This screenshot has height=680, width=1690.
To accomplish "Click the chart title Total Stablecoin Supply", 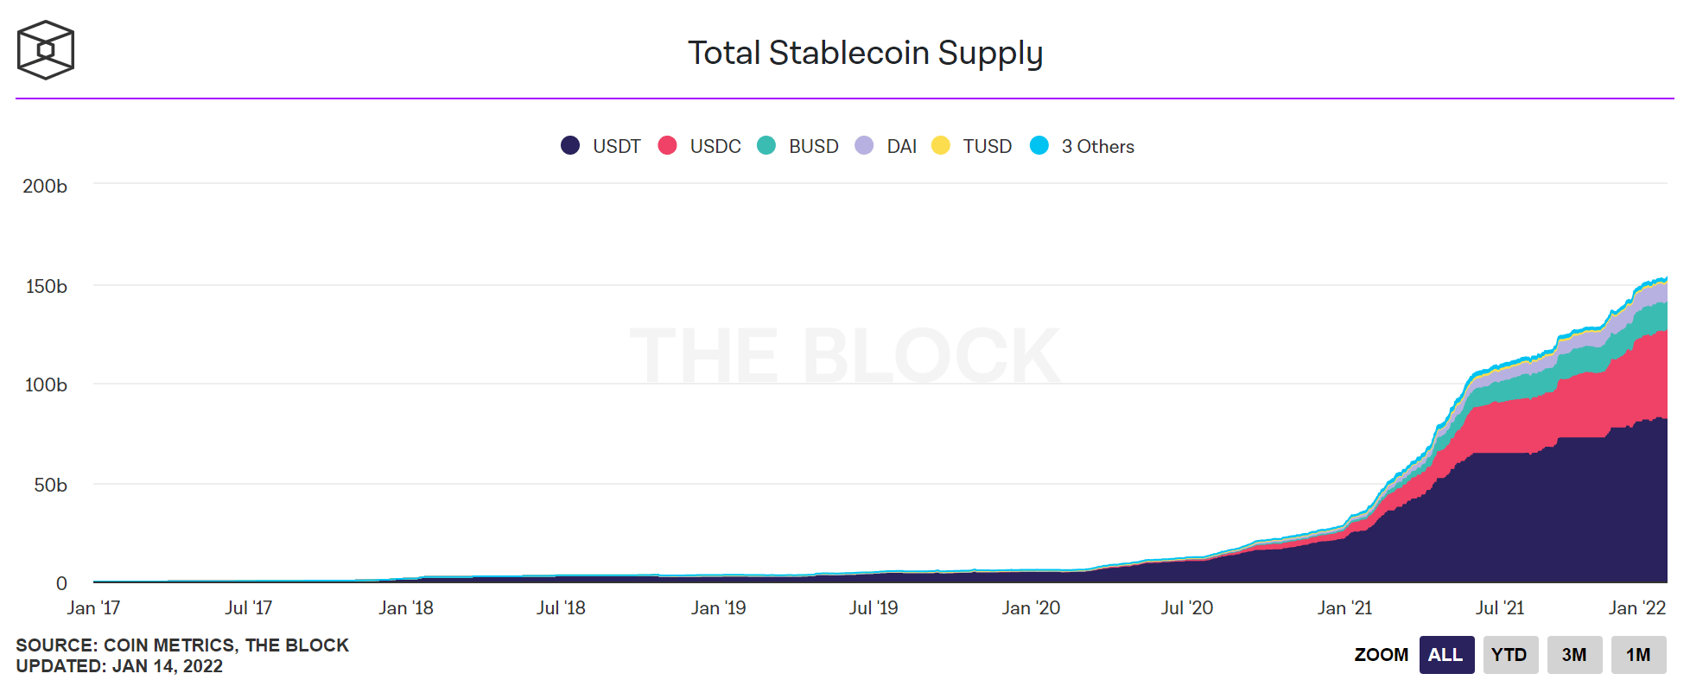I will [865, 53].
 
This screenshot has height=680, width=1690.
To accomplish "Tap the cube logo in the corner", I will [46, 50].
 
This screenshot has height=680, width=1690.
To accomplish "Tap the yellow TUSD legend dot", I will [941, 145].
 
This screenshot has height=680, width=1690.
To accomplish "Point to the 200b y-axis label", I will [45, 186].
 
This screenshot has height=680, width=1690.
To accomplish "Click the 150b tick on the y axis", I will [46, 286].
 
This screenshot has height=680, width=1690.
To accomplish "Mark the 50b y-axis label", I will [50, 485].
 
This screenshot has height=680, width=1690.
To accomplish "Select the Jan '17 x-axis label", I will [93, 607].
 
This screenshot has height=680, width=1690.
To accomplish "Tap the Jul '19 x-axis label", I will [874, 607].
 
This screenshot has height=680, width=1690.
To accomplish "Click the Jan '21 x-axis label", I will [1344, 607].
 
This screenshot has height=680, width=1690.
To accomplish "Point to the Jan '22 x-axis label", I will [1636, 607].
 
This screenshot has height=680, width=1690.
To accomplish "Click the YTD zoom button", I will [1509, 654].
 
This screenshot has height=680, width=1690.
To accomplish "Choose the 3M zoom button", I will [1573, 654].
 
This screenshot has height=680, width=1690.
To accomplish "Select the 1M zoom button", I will [1637, 654].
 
